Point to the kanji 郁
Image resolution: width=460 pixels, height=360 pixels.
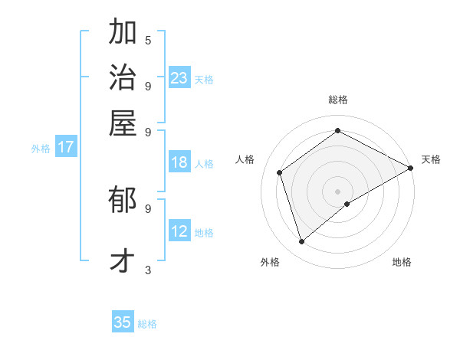123,202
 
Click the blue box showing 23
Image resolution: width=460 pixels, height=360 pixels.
179,78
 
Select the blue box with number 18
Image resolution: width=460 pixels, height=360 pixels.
179,162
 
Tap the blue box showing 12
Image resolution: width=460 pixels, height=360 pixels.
179,231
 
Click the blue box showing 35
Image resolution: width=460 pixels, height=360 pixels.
123,322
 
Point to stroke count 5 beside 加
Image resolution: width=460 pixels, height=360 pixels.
148,40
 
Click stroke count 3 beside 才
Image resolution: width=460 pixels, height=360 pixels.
148,270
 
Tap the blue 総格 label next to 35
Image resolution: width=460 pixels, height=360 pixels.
147,324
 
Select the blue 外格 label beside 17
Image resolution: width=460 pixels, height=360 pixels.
41,149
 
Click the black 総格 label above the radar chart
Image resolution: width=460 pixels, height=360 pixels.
337,100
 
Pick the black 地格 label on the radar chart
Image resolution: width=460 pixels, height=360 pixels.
402,263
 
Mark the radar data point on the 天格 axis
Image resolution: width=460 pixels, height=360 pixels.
410,169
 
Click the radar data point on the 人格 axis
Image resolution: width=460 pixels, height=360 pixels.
280,173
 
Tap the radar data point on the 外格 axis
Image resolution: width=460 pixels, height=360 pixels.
301,242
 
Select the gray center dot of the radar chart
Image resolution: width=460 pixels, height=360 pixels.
337,191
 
